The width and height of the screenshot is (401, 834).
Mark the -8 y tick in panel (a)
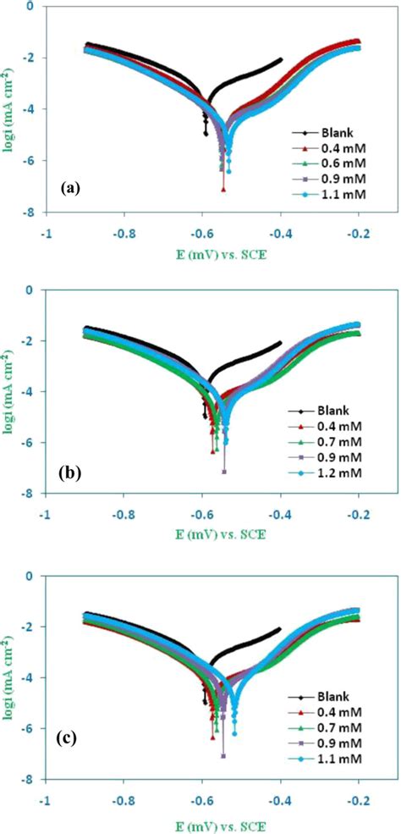point(26,213)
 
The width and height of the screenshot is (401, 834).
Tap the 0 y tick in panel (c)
point(30,576)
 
